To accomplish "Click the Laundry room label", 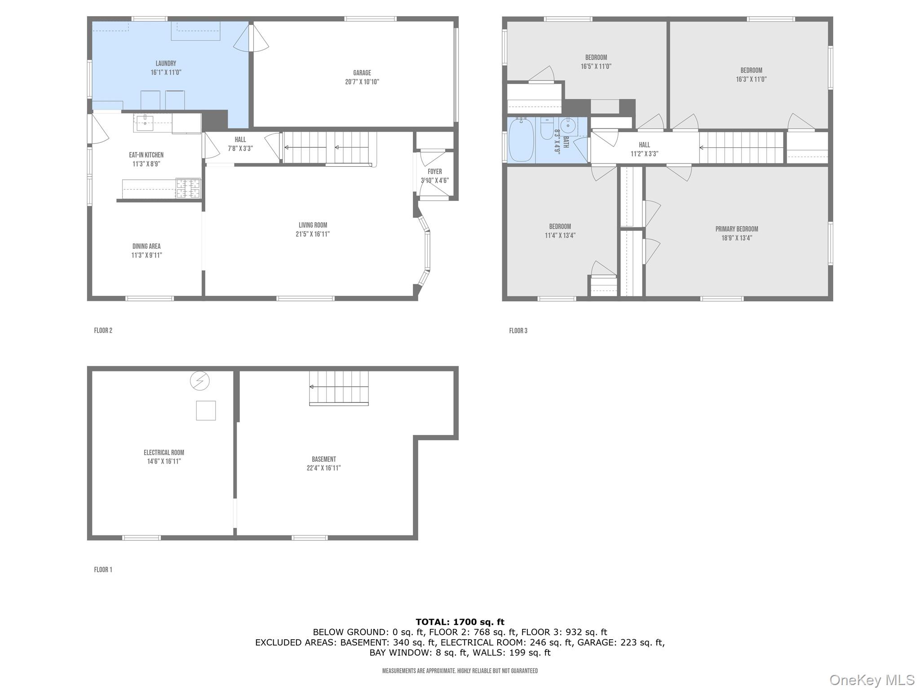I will tap(166, 64).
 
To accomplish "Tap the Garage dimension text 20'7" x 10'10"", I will tap(362, 82).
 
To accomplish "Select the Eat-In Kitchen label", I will tap(146, 155).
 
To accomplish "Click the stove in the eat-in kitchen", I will tap(188, 188).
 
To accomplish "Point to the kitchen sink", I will tap(145, 123).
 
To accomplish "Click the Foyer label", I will tap(434, 172).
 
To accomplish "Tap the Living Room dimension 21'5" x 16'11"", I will tap(313, 234).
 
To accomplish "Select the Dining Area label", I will tap(146, 246).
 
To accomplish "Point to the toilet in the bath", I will tap(547, 129).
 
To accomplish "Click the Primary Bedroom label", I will tap(736, 229).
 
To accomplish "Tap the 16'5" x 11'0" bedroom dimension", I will tap(596, 66).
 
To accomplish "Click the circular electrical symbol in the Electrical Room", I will tap(199, 381).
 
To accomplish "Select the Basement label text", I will tap(323, 459).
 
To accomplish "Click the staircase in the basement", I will tap(339, 388).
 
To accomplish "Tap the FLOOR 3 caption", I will tap(517, 331).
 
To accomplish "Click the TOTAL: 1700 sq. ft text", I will tap(460, 622).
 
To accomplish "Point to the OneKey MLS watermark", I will tap(871, 680).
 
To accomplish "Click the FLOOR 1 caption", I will tap(103, 570).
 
